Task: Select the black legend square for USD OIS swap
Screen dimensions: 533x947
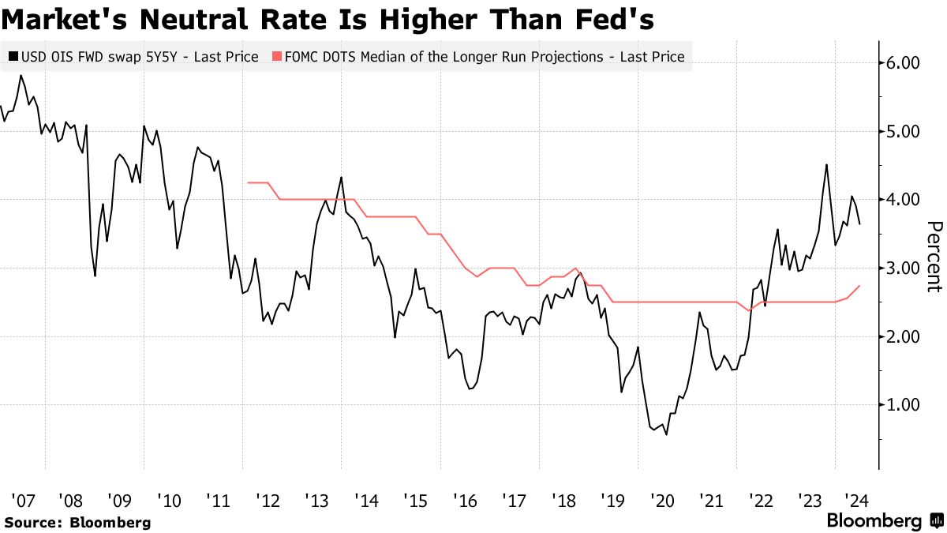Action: (x=14, y=57)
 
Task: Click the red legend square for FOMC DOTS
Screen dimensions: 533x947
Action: (x=276, y=57)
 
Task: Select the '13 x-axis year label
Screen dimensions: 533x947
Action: (x=316, y=501)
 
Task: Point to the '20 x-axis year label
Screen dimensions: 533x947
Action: (x=661, y=501)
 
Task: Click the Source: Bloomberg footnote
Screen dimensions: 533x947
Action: (x=77, y=522)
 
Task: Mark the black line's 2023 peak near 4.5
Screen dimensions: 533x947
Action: (x=825, y=164)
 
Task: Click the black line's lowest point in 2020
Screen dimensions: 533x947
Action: (x=666, y=434)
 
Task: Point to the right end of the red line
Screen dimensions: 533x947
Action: (x=859, y=286)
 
